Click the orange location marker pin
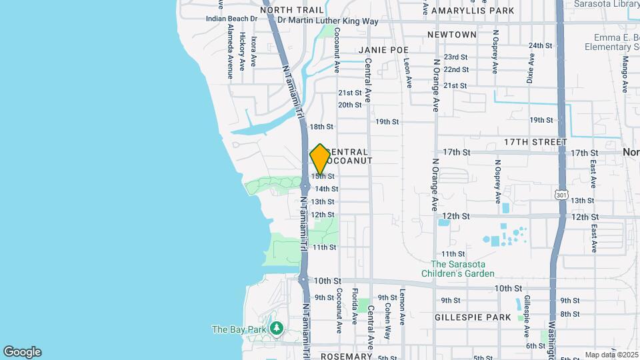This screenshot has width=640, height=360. point(320,159)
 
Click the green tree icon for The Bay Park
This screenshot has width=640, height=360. point(277,329)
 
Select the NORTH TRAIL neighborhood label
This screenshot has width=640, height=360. point(292,10)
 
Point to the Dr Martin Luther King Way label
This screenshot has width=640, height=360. point(328,21)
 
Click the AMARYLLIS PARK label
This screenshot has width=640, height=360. point(473,11)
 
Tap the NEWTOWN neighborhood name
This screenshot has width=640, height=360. point(452,35)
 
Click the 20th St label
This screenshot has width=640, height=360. point(349,105)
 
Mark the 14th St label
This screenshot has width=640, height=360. point(326,189)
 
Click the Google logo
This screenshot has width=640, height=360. point(22,352)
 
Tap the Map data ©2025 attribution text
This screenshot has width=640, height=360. point(610,355)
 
